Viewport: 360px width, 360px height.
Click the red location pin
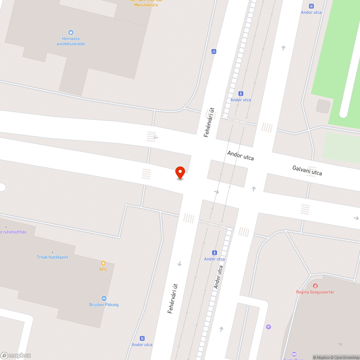tap(180, 172)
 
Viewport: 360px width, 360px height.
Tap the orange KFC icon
tap(103, 263)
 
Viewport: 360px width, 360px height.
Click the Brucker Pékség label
tap(104, 305)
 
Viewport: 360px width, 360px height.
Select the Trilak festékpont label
tap(52, 257)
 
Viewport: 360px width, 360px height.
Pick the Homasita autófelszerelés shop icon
tap(71, 33)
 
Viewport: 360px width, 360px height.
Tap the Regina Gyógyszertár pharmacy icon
tap(315, 286)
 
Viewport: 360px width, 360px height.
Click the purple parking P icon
tap(268, 327)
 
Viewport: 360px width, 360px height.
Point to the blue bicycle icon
tap(214, 51)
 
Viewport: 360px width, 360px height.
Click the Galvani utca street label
tap(307, 170)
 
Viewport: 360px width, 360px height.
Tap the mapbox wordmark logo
tap(16, 355)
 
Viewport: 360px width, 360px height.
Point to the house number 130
tap(340, 345)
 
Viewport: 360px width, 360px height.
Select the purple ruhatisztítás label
tap(14, 232)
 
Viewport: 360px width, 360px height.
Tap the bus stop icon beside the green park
tap(311, 6)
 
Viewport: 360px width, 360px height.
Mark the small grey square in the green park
tap(323, 106)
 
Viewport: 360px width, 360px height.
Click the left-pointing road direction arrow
tap(156, 137)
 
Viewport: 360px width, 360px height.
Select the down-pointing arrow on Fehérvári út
tap(180, 264)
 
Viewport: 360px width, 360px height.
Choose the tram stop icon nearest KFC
tap(215, 253)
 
